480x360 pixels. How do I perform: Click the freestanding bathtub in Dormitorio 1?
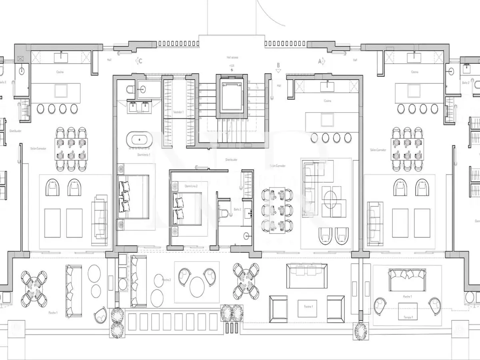(x=140, y=140)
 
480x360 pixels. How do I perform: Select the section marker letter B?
(x=278, y=65)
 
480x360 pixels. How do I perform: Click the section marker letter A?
(x=320, y=61)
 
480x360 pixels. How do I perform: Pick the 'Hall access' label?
(x=232, y=58)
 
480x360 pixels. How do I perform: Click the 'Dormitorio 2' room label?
(x=191, y=186)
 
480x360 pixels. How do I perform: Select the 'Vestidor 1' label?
(x=178, y=112)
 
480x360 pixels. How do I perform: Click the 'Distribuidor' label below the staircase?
(x=231, y=159)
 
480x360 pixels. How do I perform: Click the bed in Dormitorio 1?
(x=133, y=196)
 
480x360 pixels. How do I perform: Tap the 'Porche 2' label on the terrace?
(x=166, y=280)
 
